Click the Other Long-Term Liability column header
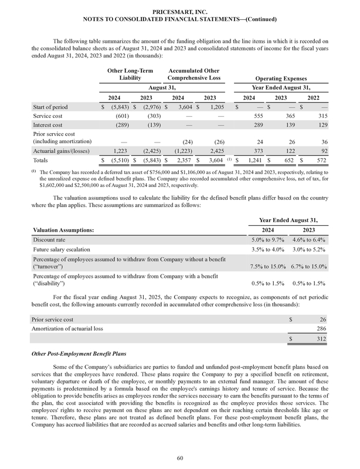point(130,74)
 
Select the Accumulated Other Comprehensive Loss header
point(194,74)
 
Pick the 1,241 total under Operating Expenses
point(253,160)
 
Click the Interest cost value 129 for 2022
point(322,125)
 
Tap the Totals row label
point(41,160)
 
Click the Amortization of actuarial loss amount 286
point(322,328)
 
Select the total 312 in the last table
point(322,339)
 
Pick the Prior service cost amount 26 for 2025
point(324,319)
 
